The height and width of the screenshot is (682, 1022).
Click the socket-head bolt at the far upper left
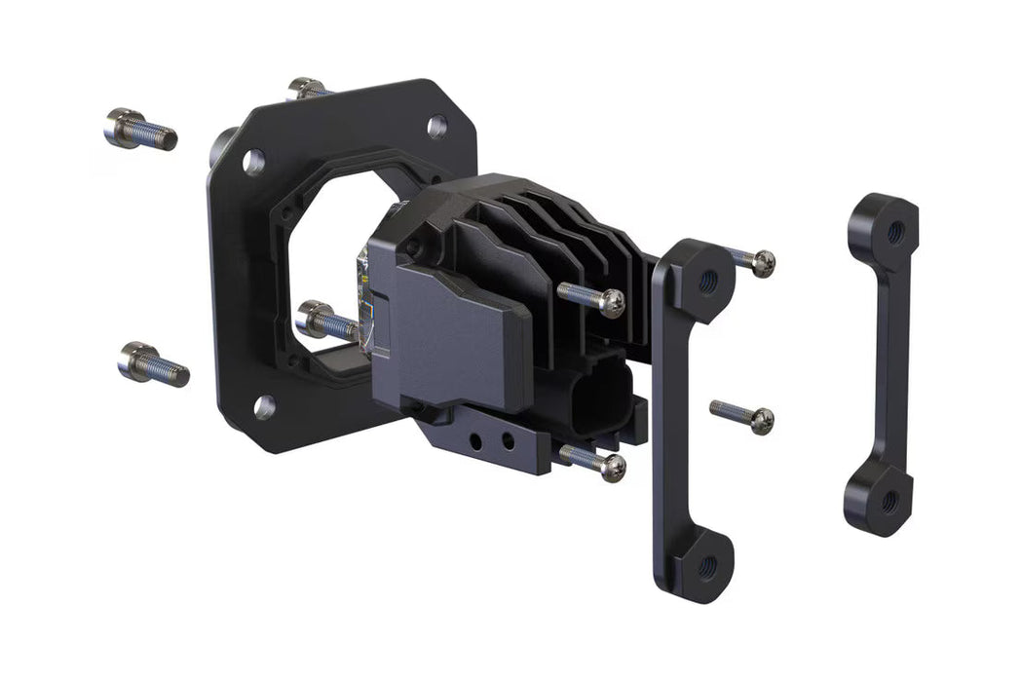click(139, 129)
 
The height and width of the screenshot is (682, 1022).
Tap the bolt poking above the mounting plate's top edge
click(309, 89)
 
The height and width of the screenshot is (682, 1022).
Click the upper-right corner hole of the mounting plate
click(436, 126)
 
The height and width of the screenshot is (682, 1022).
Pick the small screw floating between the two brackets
click(742, 414)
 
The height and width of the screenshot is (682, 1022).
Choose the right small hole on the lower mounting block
click(507, 443)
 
